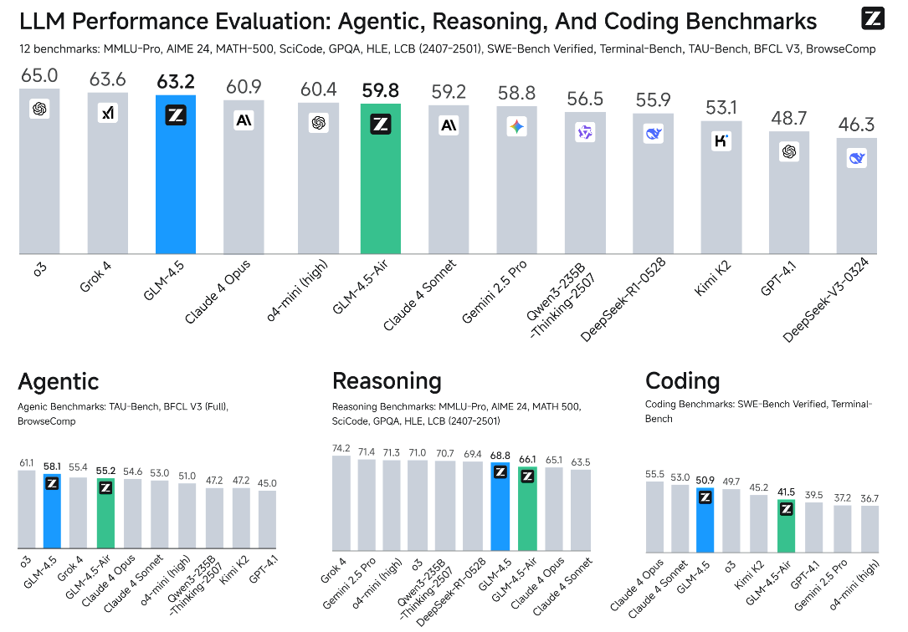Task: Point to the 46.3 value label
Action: pyautogui.click(x=856, y=126)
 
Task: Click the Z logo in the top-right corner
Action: pyautogui.click(x=873, y=18)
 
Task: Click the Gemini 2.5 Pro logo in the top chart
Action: pyautogui.click(x=516, y=127)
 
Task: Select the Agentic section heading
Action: pyautogui.click(x=59, y=382)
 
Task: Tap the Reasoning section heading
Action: pyautogui.click(x=387, y=382)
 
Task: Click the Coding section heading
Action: pyautogui.click(x=682, y=382)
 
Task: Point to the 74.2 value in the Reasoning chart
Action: pyautogui.click(x=341, y=448)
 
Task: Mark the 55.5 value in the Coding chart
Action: pyautogui.click(x=654, y=474)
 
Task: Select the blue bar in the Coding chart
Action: pyautogui.click(x=705, y=522)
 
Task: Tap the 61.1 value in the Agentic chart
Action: pyautogui.click(x=27, y=462)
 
